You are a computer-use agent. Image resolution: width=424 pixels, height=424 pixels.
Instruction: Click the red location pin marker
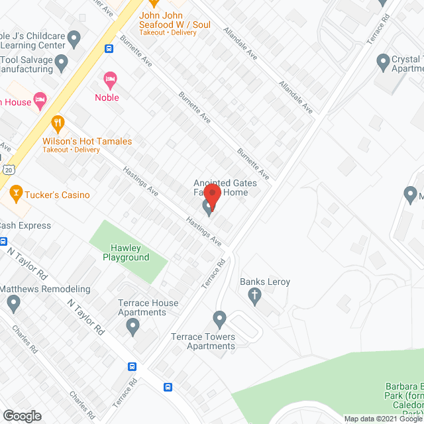pos(212,196)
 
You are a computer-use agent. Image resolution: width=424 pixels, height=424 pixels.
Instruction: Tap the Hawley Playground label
pos(126,252)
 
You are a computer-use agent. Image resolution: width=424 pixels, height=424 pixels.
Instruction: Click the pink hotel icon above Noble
pos(110,81)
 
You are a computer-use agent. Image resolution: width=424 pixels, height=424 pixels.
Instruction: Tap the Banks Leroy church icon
pos(256,296)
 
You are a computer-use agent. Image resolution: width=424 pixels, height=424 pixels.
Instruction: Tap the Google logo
pos(21,415)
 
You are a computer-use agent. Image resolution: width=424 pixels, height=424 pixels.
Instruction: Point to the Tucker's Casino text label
pos(58,195)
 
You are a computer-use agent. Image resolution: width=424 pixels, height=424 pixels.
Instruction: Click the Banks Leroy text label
pos(265,282)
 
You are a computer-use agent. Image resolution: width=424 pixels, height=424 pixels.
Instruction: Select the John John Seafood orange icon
pos(156,3)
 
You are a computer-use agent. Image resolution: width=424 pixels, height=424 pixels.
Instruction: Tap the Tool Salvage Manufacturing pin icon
pos(62,64)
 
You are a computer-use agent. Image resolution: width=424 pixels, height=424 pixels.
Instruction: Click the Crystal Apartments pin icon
pos(382,63)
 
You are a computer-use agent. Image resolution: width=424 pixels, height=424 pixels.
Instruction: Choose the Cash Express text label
pos(25,225)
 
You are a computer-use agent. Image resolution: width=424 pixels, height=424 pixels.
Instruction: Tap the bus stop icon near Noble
pos(109,48)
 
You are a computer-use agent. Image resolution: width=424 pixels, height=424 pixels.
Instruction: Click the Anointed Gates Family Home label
pos(221,187)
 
